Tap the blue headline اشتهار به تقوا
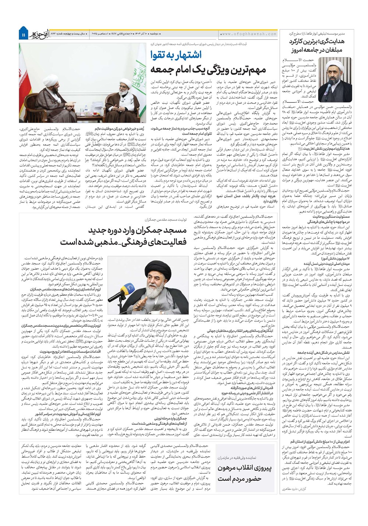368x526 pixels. coord(176,56)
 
